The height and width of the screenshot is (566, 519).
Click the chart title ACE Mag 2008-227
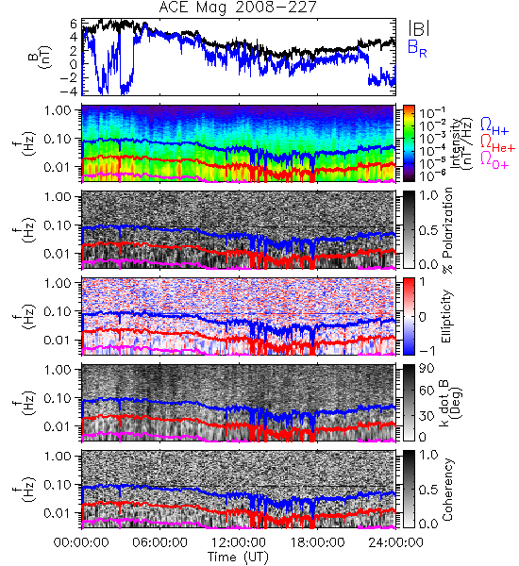click(238, 8)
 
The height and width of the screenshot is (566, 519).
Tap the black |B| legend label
click(419, 28)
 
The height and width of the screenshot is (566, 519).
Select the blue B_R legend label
click(417, 49)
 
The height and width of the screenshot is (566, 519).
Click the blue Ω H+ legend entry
click(494, 126)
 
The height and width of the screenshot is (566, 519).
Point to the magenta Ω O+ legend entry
click(494, 160)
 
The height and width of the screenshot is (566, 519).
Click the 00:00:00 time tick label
click(81, 542)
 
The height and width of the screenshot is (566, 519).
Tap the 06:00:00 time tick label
click(160, 542)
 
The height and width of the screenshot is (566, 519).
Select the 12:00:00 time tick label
click(239, 542)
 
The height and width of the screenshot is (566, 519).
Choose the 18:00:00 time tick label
click(317, 542)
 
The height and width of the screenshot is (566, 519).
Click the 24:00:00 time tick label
click(395, 542)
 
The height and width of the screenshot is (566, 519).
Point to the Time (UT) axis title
click(238, 557)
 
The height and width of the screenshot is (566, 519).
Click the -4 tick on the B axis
click(69, 91)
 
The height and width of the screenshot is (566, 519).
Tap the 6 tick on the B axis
click(74, 24)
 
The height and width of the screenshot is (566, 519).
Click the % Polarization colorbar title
click(448, 230)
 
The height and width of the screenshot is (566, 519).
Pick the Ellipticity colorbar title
click(447, 317)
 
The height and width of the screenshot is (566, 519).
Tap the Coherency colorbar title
click(447, 490)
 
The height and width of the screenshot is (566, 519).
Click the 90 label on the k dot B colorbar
click(427, 369)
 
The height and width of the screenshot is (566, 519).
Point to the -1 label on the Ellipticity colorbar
click(427, 351)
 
